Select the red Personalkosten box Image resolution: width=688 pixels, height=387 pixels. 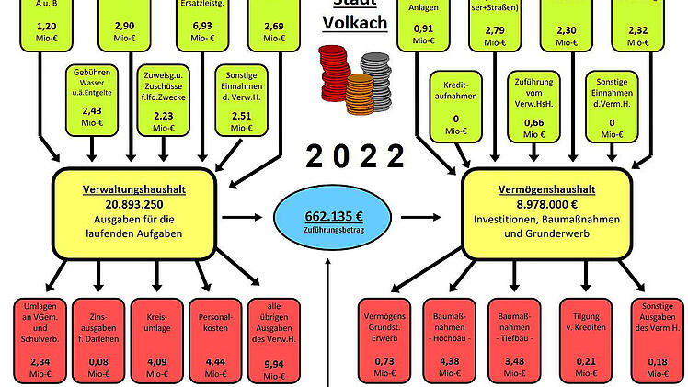[x=214, y=340]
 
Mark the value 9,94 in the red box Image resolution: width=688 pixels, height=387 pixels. [x=273, y=363]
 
